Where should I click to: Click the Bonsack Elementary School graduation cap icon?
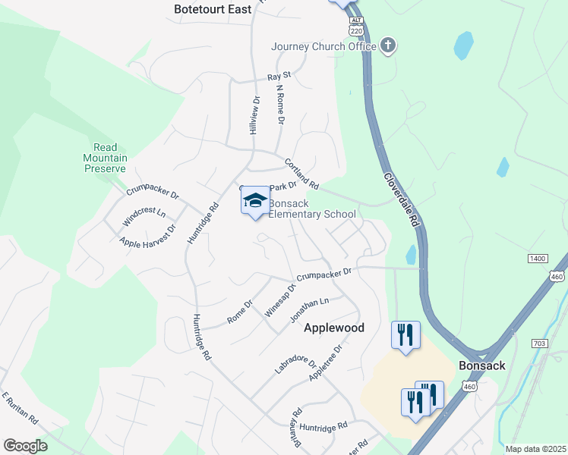click(x=255, y=202)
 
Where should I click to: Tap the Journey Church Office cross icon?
click(x=387, y=45)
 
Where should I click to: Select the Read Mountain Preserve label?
click(x=106, y=158)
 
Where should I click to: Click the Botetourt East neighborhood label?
click(x=212, y=9)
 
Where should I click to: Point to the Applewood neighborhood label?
click(x=334, y=328)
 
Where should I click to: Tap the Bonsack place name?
click(x=481, y=366)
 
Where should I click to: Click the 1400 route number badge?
click(x=537, y=259)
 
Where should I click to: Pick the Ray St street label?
click(x=279, y=77)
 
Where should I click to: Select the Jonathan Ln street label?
click(x=310, y=311)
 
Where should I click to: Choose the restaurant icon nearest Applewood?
click(x=405, y=334)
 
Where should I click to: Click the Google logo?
click(x=25, y=446)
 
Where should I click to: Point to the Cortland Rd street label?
click(x=301, y=174)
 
